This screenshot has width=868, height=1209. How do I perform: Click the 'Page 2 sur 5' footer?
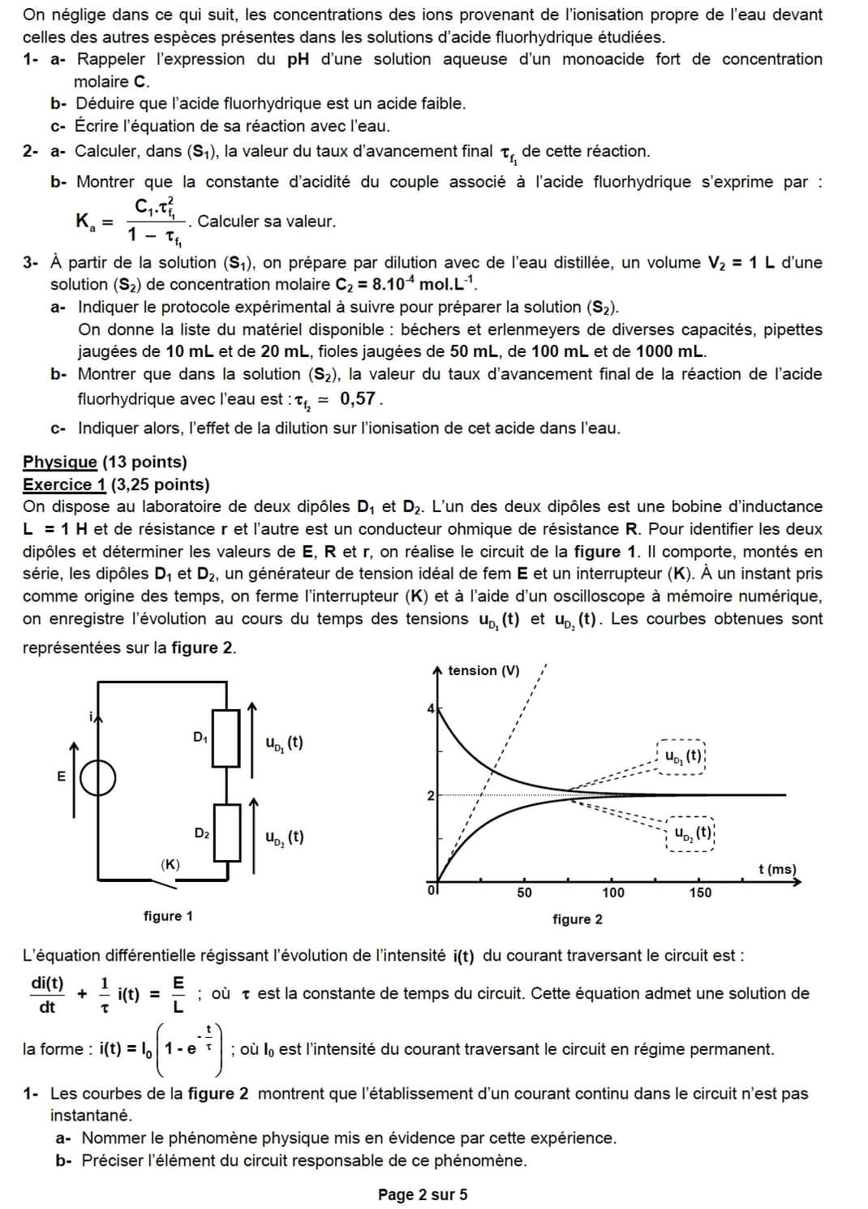(423, 1194)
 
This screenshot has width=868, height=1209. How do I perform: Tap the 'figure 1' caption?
(168, 916)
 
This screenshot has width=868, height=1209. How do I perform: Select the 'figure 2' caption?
(578, 919)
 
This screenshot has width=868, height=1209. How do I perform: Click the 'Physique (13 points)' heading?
(105, 462)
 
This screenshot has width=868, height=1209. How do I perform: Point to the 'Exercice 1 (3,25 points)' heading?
(116, 484)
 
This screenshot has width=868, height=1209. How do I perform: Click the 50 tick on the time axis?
(525, 893)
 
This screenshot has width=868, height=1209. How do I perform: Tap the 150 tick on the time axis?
(700, 893)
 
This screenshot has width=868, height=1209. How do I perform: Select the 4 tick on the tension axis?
(431, 709)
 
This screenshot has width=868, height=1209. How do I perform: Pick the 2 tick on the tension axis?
(431, 795)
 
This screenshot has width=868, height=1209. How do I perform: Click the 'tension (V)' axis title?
(483, 670)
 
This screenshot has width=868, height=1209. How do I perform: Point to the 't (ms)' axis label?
(777, 869)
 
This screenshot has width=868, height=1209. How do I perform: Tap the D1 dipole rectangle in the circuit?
(226, 738)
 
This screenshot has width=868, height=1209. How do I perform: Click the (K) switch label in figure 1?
(170, 864)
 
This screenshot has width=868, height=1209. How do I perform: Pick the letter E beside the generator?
(61, 777)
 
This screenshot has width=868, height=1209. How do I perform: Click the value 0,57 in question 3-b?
(358, 398)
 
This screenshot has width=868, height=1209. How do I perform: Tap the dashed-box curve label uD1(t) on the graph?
(683, 756)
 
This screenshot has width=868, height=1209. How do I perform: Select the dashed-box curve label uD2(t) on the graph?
(691, 833)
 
